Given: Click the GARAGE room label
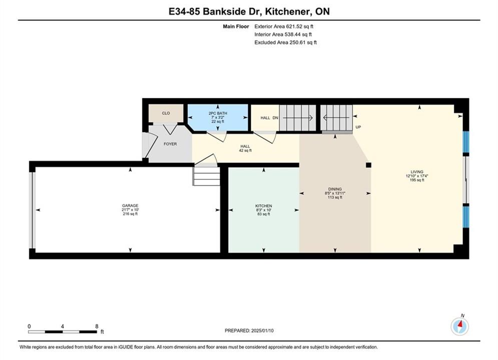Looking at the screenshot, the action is pos(130,205).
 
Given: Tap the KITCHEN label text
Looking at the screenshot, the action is pos(264,206).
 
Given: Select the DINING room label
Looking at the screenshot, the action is pos(335,189).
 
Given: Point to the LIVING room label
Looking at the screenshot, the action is pos(417,172).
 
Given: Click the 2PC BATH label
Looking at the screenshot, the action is pos(218,113).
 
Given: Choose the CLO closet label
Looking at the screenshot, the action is pos(166,113).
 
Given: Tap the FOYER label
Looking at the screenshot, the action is pos(170,144).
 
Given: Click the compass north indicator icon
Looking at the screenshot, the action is pos(459,325).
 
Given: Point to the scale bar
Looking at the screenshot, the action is pos(63,332).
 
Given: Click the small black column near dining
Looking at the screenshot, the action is pos(368,165).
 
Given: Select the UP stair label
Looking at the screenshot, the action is pos(358,127).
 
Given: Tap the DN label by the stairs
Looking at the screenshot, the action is pos(275,117).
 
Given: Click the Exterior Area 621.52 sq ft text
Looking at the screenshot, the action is pos(284,26).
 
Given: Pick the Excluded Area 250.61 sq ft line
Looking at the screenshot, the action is pos(285,42).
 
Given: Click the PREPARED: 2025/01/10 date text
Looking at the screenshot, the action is pos(249,330).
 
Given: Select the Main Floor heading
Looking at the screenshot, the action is pos(236,26).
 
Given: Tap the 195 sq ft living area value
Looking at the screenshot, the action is pos(417,180).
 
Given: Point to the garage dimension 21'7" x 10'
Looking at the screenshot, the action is pos(130,209).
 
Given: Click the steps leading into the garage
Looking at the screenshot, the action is pos(206,176).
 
